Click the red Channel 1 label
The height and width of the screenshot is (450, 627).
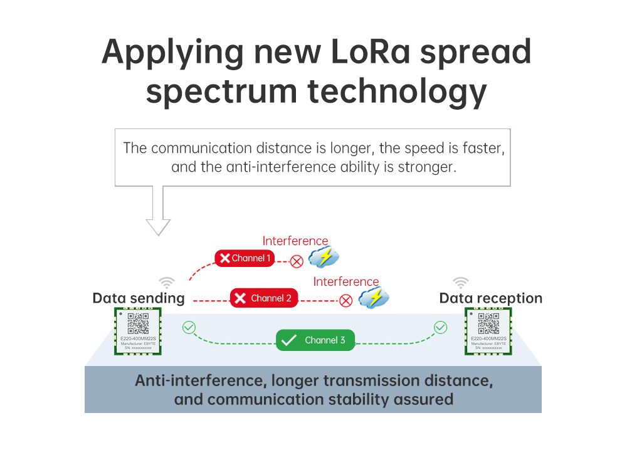[245, 258]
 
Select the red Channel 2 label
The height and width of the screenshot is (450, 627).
[263, 298]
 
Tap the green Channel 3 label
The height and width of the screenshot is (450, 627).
[315, 340]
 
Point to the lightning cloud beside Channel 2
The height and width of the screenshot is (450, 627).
[374, 298]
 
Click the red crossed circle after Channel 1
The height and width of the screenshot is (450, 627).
[297, 261]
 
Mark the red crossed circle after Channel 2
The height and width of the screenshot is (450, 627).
[345, 300]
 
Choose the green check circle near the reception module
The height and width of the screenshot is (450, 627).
[441, 327]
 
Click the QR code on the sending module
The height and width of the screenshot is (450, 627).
[138, 323]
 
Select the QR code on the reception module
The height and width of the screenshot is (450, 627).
[488, 323]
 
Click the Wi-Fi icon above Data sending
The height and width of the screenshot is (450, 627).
[166, 282]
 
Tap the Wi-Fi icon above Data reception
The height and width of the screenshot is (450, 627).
[461, 282]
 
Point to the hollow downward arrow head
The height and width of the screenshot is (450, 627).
[158, 226]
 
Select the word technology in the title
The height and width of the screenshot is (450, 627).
[397, 92]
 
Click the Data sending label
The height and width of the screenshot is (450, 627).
[139, 298]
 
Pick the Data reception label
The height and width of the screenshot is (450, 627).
[491, 298]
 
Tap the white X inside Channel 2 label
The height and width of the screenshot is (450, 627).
[240, 298]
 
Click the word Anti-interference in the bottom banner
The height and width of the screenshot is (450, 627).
[192, 380]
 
